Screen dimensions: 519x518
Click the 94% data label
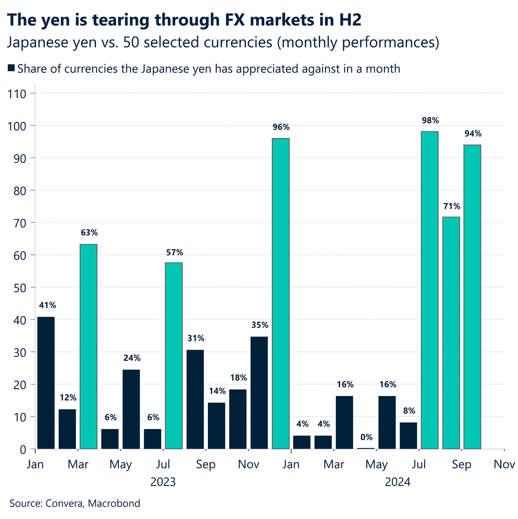473,134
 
